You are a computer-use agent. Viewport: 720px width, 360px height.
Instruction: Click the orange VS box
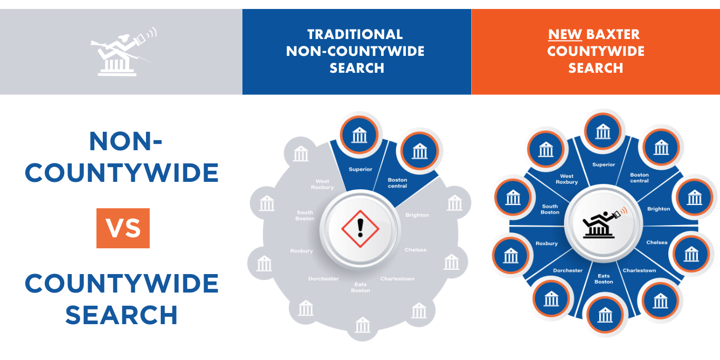(123, 228)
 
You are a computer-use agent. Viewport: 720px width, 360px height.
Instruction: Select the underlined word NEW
(565, 35)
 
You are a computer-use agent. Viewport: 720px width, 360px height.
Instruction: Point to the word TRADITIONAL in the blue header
(355, 35)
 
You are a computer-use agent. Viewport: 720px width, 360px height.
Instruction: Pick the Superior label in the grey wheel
(361, 169)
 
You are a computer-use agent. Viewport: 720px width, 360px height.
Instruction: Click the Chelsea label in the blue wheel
(657, 242)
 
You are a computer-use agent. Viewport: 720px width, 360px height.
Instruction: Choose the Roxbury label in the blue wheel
(547, 244)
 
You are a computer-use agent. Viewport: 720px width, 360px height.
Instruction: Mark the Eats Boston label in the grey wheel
(361, 287)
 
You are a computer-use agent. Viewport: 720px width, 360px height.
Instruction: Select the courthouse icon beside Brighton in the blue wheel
(695, 198)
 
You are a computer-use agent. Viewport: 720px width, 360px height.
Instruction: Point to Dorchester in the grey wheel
(324, 279)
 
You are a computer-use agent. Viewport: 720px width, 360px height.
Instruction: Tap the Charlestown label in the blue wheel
(639, 270)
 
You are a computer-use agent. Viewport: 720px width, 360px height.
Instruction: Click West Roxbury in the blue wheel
(567, 179)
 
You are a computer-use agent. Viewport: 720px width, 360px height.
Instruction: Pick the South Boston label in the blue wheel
(550, 209)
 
